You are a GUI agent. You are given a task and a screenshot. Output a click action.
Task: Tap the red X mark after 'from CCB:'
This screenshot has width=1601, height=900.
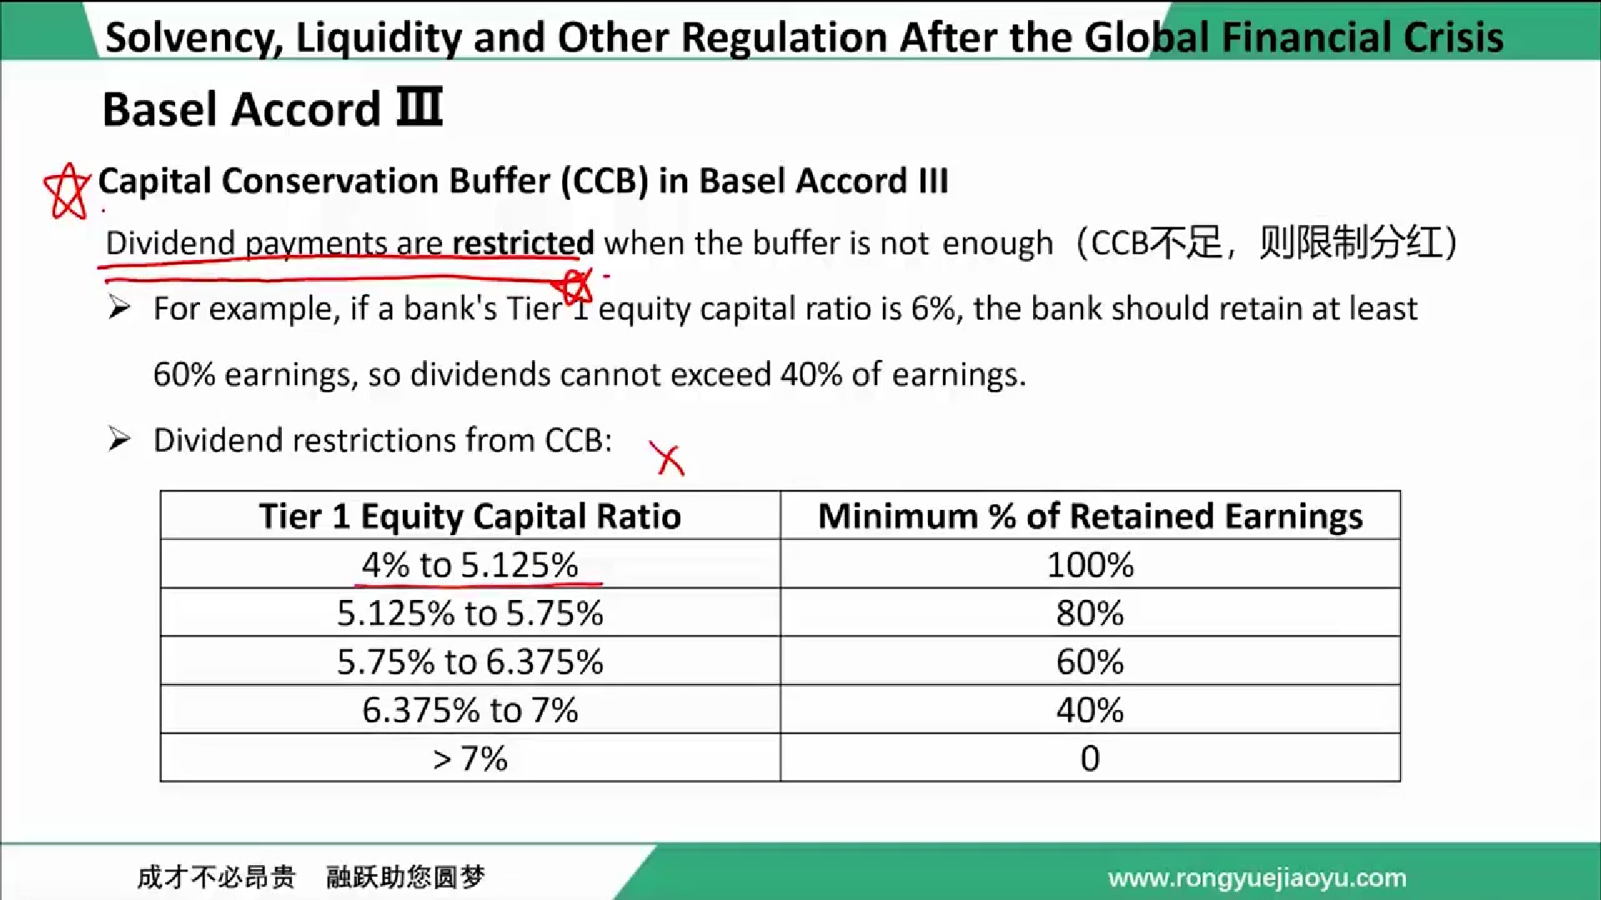click(669, 459)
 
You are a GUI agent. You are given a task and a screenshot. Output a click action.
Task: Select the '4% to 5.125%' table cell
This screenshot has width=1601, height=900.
click(470, 565)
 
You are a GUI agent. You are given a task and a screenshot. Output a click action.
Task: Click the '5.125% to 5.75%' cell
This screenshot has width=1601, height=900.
click(470, 613)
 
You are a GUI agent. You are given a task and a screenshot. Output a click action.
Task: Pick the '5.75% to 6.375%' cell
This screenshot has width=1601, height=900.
click(470, 662)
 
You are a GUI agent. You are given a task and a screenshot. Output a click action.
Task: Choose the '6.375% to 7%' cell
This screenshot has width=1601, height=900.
click(470, 710)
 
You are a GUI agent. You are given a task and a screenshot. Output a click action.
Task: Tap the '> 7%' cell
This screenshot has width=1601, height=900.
click(470, 758)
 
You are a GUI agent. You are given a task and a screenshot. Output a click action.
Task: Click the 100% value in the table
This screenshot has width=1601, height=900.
click(1090, 565)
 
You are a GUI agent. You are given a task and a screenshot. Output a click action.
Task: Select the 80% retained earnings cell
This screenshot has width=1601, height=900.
click(1090, 613)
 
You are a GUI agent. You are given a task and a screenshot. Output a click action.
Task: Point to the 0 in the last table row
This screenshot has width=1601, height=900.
click(1090, 758)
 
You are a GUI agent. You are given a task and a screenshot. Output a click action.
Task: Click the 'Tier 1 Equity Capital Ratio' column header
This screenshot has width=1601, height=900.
click(470, 516)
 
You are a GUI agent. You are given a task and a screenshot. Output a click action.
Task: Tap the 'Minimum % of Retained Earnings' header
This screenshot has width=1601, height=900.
click(1090, 516)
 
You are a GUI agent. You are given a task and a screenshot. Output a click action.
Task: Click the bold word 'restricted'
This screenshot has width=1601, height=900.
click(523, 242)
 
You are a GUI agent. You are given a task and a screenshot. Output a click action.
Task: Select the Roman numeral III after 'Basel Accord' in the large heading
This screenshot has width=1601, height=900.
click(419, 107)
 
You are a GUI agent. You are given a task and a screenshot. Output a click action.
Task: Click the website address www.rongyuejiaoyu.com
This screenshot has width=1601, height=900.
click(1257, 877)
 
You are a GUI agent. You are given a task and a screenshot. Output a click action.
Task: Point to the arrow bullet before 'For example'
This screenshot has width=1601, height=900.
click(119, 308)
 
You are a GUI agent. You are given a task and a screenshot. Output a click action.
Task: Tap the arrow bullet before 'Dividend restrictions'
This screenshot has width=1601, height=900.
click(119, 439)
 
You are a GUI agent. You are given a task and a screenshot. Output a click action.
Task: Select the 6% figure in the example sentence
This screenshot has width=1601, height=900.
click(933, 308)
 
